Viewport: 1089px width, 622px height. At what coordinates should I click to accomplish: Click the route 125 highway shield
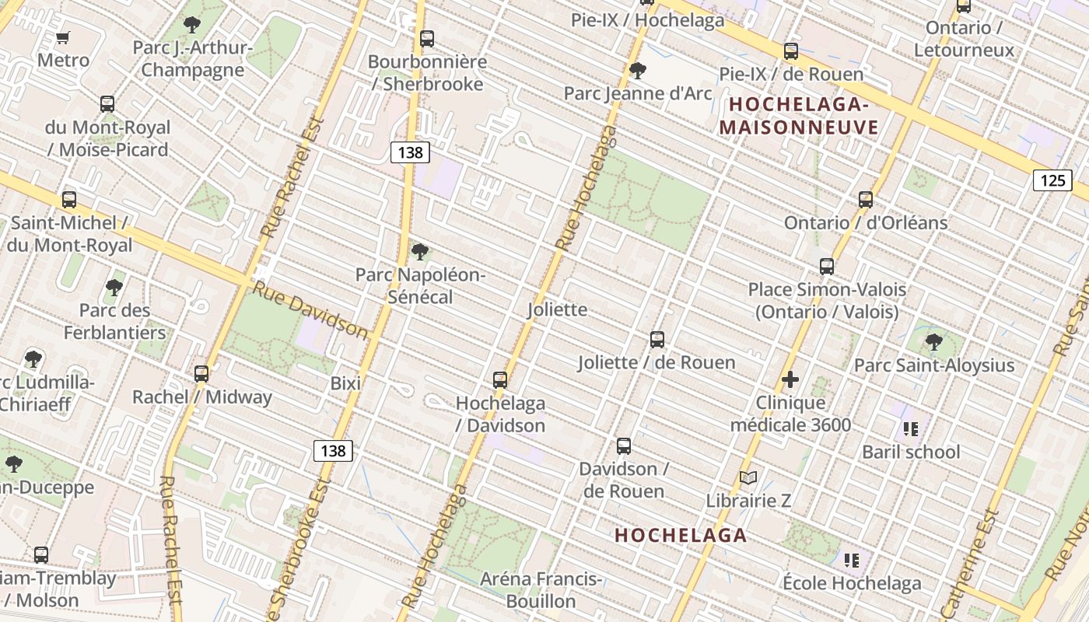pyautogui.click(x=1052, y=180)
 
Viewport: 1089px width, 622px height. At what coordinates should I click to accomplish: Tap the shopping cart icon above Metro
pyautogui.click(x=63, y=37)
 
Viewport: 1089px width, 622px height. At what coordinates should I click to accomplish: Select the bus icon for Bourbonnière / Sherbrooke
pyautogui.click(x=426, y=38)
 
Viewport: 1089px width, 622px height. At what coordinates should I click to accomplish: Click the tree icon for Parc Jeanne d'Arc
pyautogui.click(x=637, y=71)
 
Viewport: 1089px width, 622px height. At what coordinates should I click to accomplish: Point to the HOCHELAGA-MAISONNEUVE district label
pyautogui.click(x=799, y=116)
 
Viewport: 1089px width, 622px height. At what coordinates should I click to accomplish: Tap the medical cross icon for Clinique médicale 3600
pyautogui.click(x=790, y=379)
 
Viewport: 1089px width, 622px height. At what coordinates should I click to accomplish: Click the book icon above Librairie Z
pyautogui.click(x=748, y=477)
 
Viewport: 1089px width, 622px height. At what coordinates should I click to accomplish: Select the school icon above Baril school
pyautogui.click(x=911, y=428)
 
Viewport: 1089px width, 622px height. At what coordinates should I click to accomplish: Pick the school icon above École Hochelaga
pyautogui.click(x=851, y=560)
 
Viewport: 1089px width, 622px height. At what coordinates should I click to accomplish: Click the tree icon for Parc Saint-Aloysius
pyautogui.click(x=933, y=341)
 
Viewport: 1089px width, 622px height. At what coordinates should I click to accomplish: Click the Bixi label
pyautogui.click(x=345, y=383)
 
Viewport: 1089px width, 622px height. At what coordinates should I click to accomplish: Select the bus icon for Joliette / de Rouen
pyautogui.click(x=657, y=339)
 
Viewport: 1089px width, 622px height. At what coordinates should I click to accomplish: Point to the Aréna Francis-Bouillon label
pyautogui.click(x=541, y=590)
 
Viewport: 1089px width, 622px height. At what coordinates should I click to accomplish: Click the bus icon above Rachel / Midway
pyautogui.click(x=201, y=373)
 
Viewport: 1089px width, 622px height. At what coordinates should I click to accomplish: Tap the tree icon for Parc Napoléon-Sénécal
pyautogui.click(x=420, y=251)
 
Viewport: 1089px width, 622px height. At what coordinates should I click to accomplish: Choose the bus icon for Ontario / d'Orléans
pyautogui.click(x=866, y=199)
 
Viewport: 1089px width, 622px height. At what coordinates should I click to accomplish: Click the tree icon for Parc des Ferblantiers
pyautogui.click(x=114, y=288)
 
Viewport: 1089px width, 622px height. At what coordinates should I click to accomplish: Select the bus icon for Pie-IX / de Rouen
pyautogui.click(x=791, y=51)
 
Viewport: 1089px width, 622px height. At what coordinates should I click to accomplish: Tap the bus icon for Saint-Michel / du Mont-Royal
pyautogui.click(x=69, y=200)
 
